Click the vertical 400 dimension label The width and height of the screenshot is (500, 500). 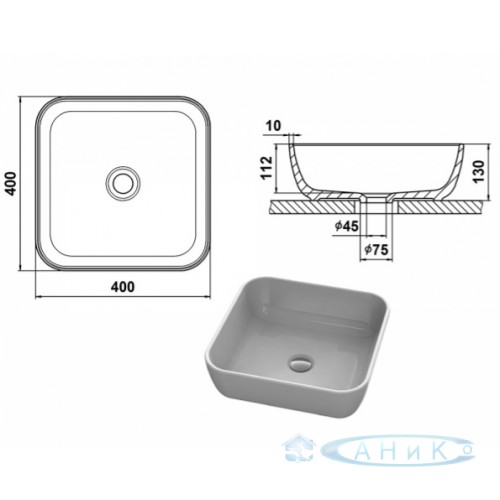click(x=12, y=183)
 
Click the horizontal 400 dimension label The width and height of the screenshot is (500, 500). click(x=123, y=287)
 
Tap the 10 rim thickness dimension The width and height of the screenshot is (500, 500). click(x=274, y=126)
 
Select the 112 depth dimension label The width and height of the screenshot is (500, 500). click(x=267, y=168)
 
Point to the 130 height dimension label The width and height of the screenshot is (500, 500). click(x=478, y=171)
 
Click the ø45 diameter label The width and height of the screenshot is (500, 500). click(x=347, y=227)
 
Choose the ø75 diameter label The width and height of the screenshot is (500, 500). click(x=377, y=249)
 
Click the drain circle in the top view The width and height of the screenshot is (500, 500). click(x=123, y=183)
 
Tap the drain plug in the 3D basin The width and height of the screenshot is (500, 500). click(x=301, y=363)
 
